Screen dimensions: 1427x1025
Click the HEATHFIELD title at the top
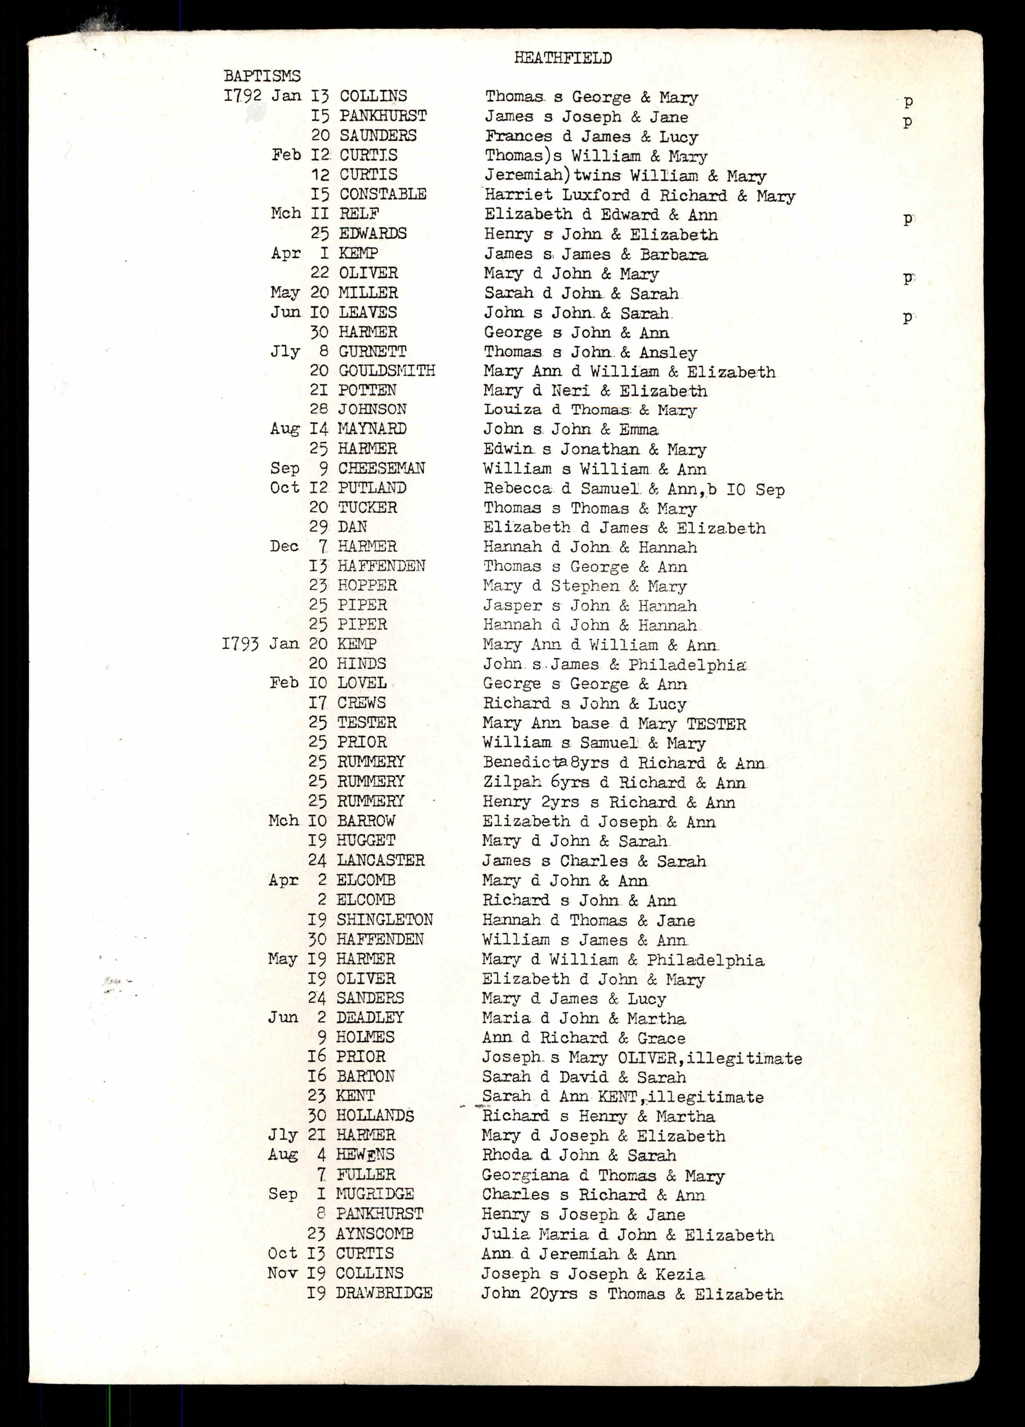point(563,58)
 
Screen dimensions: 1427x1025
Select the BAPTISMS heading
point(262,76)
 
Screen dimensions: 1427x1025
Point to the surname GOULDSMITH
point(386,371)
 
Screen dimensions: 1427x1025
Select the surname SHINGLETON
point(385,919)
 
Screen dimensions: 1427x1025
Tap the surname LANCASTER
point(381,860)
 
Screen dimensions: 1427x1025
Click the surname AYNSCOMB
point(374,1234)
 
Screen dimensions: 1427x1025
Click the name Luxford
point(595,195)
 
